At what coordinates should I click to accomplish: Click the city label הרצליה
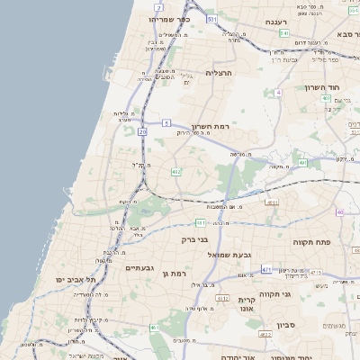tap(219, 73)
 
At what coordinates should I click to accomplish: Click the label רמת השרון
tap(212, 128)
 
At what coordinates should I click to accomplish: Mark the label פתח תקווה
tap(313, 242)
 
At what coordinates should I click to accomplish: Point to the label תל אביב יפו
tap(78, 280)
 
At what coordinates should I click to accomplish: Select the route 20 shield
tap(142, 131)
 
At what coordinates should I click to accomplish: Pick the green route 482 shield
tap(175, 171)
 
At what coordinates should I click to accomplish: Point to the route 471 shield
tap(265, 269)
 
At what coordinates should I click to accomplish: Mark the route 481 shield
tap(199, 222)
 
